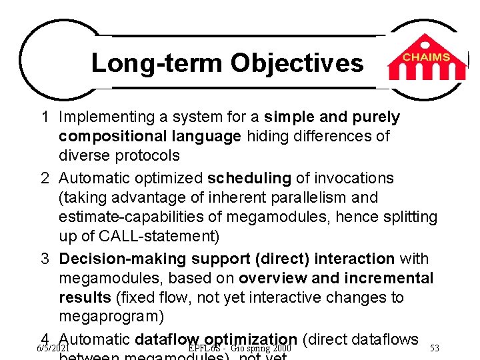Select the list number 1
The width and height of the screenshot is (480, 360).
coord(44,117)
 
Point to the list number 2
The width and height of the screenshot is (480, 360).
coord(44,179)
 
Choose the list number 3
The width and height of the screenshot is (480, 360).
coord(44,259)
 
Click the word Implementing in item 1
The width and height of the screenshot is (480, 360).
coord(107,117)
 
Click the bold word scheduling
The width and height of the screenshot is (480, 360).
coord(249,179)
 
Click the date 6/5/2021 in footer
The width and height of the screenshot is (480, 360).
coord(53,348)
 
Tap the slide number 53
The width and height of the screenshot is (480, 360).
coord(435,348)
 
